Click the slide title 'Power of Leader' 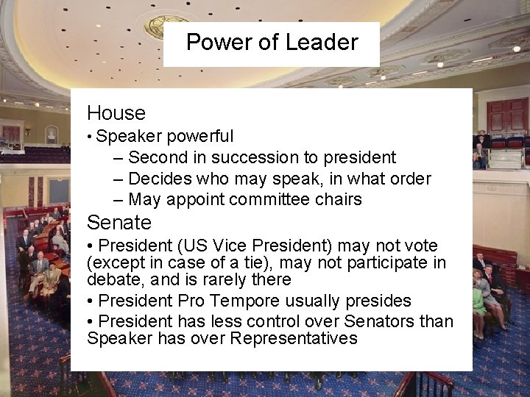click(x=272, y=42)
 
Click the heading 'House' click(x=116, y=113)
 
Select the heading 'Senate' click(x=119, y=222)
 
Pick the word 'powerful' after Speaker click(x=200, y=137)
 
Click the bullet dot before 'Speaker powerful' click(x=90, y=137)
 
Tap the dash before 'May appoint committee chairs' click(x=119, y=199)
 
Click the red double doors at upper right click(x=507, y=115)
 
